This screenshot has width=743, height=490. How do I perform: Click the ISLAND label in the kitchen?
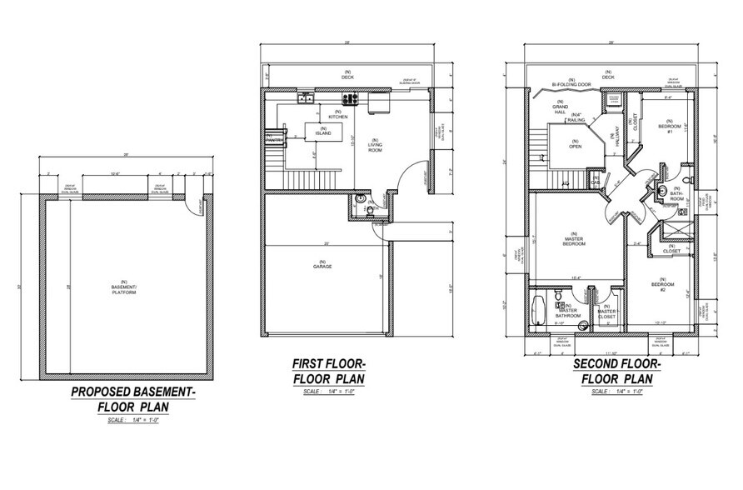point(323,132)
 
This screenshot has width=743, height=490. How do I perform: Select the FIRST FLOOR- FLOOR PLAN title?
point(329,370)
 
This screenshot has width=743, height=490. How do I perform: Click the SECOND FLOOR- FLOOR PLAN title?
point(616,370)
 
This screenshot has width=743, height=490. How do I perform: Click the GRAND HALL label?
point(560,109)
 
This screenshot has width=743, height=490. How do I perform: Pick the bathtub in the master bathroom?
point(537,310)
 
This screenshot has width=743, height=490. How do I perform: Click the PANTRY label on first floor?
point(272,140)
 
